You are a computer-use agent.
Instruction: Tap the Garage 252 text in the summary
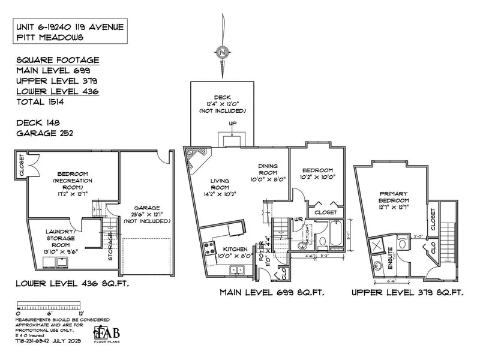tap(40, 133)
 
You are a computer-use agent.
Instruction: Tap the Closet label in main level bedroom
tap(326, 213)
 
